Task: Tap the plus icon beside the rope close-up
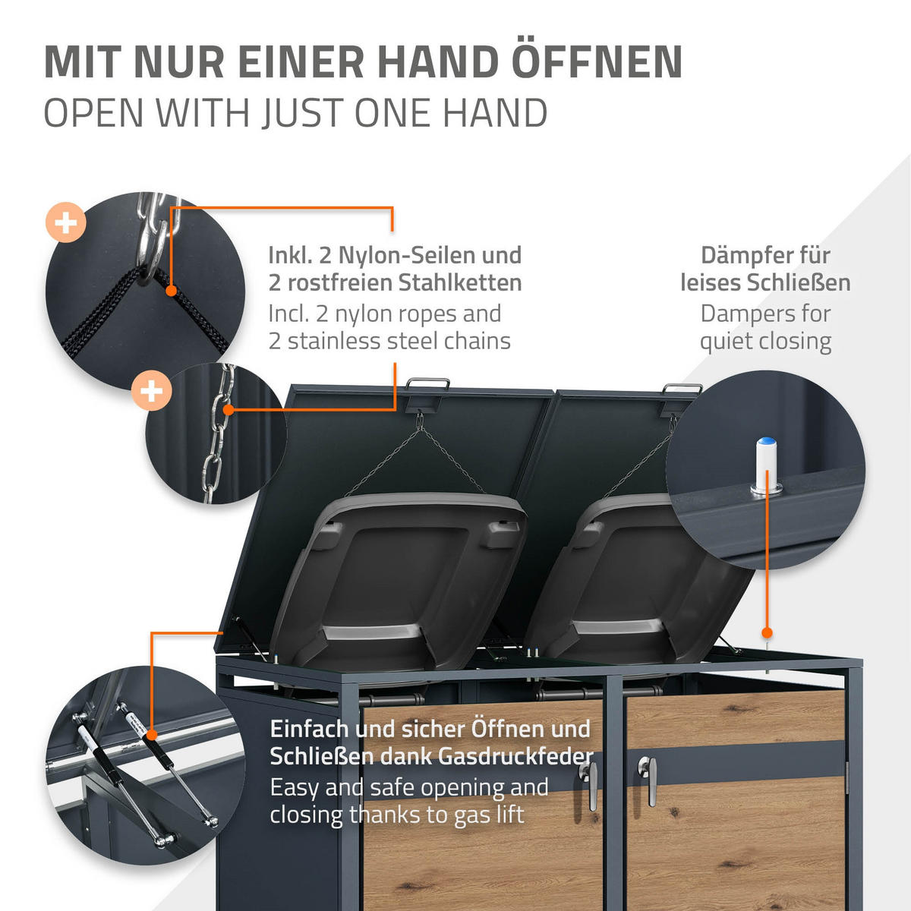point(66,222)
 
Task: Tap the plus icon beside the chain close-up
point(151,390)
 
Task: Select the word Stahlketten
point(460,282)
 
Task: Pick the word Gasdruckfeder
point(515,756)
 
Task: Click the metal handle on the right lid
point(681,389)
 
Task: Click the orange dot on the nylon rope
point(171,290)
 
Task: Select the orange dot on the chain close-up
point(229,409)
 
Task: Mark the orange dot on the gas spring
point(151,735)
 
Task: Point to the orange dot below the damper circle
point(767,632)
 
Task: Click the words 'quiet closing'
point(765,342)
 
